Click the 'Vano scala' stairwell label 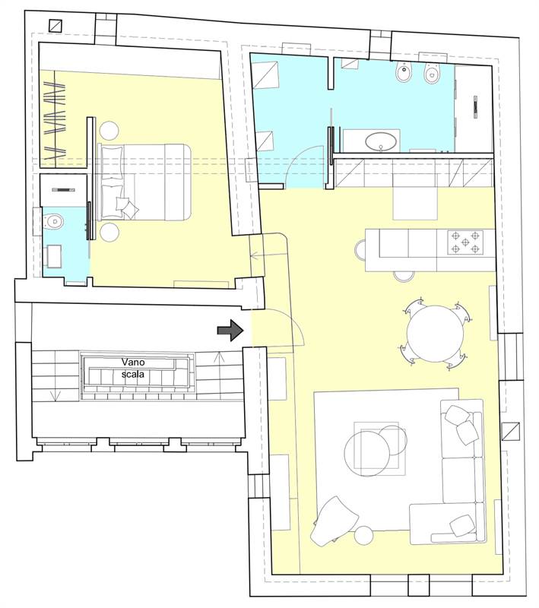(133, 368)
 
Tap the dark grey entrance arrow (230, 331)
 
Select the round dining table (435, 334)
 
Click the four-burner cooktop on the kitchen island (465, 242)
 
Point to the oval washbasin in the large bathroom (381, 141)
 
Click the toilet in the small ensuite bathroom (53, 222)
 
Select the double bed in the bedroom (144, 182)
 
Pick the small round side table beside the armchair (364, 536)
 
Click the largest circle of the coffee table (367, 454)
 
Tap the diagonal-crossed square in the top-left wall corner (55, 26)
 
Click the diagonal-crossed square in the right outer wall (510, 431)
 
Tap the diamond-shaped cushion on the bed (130, 208)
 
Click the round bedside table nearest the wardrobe (109, 131)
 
